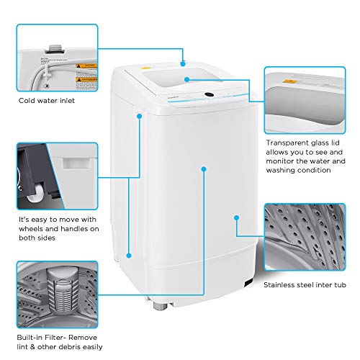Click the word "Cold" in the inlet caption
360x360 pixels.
click(x=26, y=101)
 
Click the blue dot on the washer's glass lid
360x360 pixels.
click(x=186, y=79)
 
